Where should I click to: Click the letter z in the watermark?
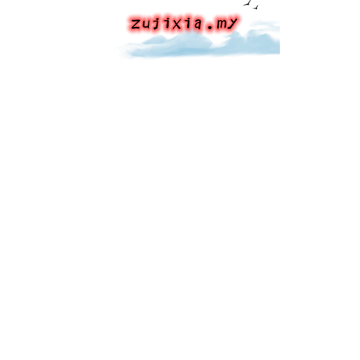136,24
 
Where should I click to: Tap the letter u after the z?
147,24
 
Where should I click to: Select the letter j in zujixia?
157,23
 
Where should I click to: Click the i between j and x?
167,23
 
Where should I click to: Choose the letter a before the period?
198,24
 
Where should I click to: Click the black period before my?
210,27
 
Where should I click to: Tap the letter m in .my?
222,24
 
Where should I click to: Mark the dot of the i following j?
167,18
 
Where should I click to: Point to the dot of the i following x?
189,18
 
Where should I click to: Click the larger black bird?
247,3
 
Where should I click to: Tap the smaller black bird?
256,8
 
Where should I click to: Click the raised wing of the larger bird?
249,2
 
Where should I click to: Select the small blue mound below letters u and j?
154,40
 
